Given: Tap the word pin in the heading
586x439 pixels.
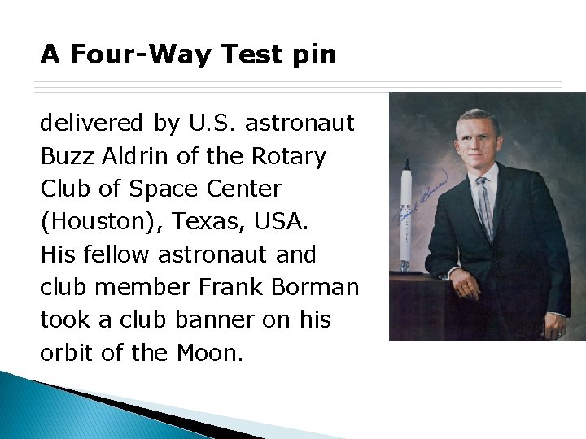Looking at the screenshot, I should coord(313,54).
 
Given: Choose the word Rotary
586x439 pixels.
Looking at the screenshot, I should coord(289,156).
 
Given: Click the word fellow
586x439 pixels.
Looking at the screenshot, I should coord(112,254).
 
